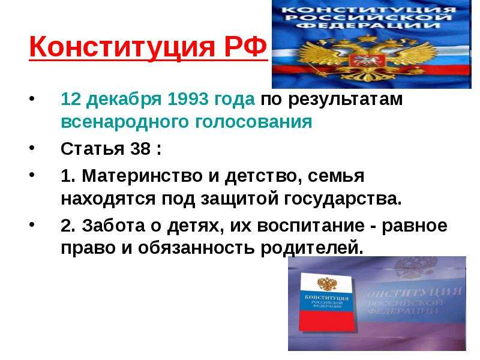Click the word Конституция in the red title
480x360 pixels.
point(122,47)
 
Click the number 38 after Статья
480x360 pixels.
point(140,149)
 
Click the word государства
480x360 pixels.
point(343,200)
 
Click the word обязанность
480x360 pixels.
point(196,248)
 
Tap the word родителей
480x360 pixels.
point(311,248)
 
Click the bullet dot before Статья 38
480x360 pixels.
point(32,148)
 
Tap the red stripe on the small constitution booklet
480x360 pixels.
point(328,320)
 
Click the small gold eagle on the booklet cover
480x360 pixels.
point(327,284)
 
